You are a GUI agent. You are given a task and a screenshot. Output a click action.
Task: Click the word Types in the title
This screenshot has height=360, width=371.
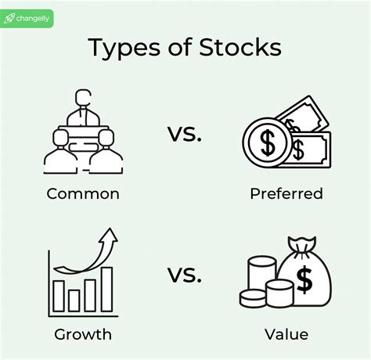click(x=121, y=48)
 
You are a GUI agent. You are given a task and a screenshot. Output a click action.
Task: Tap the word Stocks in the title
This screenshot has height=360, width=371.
click(x=235, y=48)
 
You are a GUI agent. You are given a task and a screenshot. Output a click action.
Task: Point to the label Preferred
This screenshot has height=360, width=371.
click(x=286, y=193)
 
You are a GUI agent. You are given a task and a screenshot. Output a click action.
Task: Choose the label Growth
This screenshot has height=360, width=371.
click(x=82, y=335)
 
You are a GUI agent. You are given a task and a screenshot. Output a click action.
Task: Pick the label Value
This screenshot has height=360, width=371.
click(x=286, y=335)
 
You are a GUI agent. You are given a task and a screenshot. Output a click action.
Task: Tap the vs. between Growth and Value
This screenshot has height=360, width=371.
click(x=185, y=275)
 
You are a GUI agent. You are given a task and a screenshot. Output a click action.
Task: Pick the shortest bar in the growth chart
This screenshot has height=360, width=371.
click(x=74, y=301)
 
